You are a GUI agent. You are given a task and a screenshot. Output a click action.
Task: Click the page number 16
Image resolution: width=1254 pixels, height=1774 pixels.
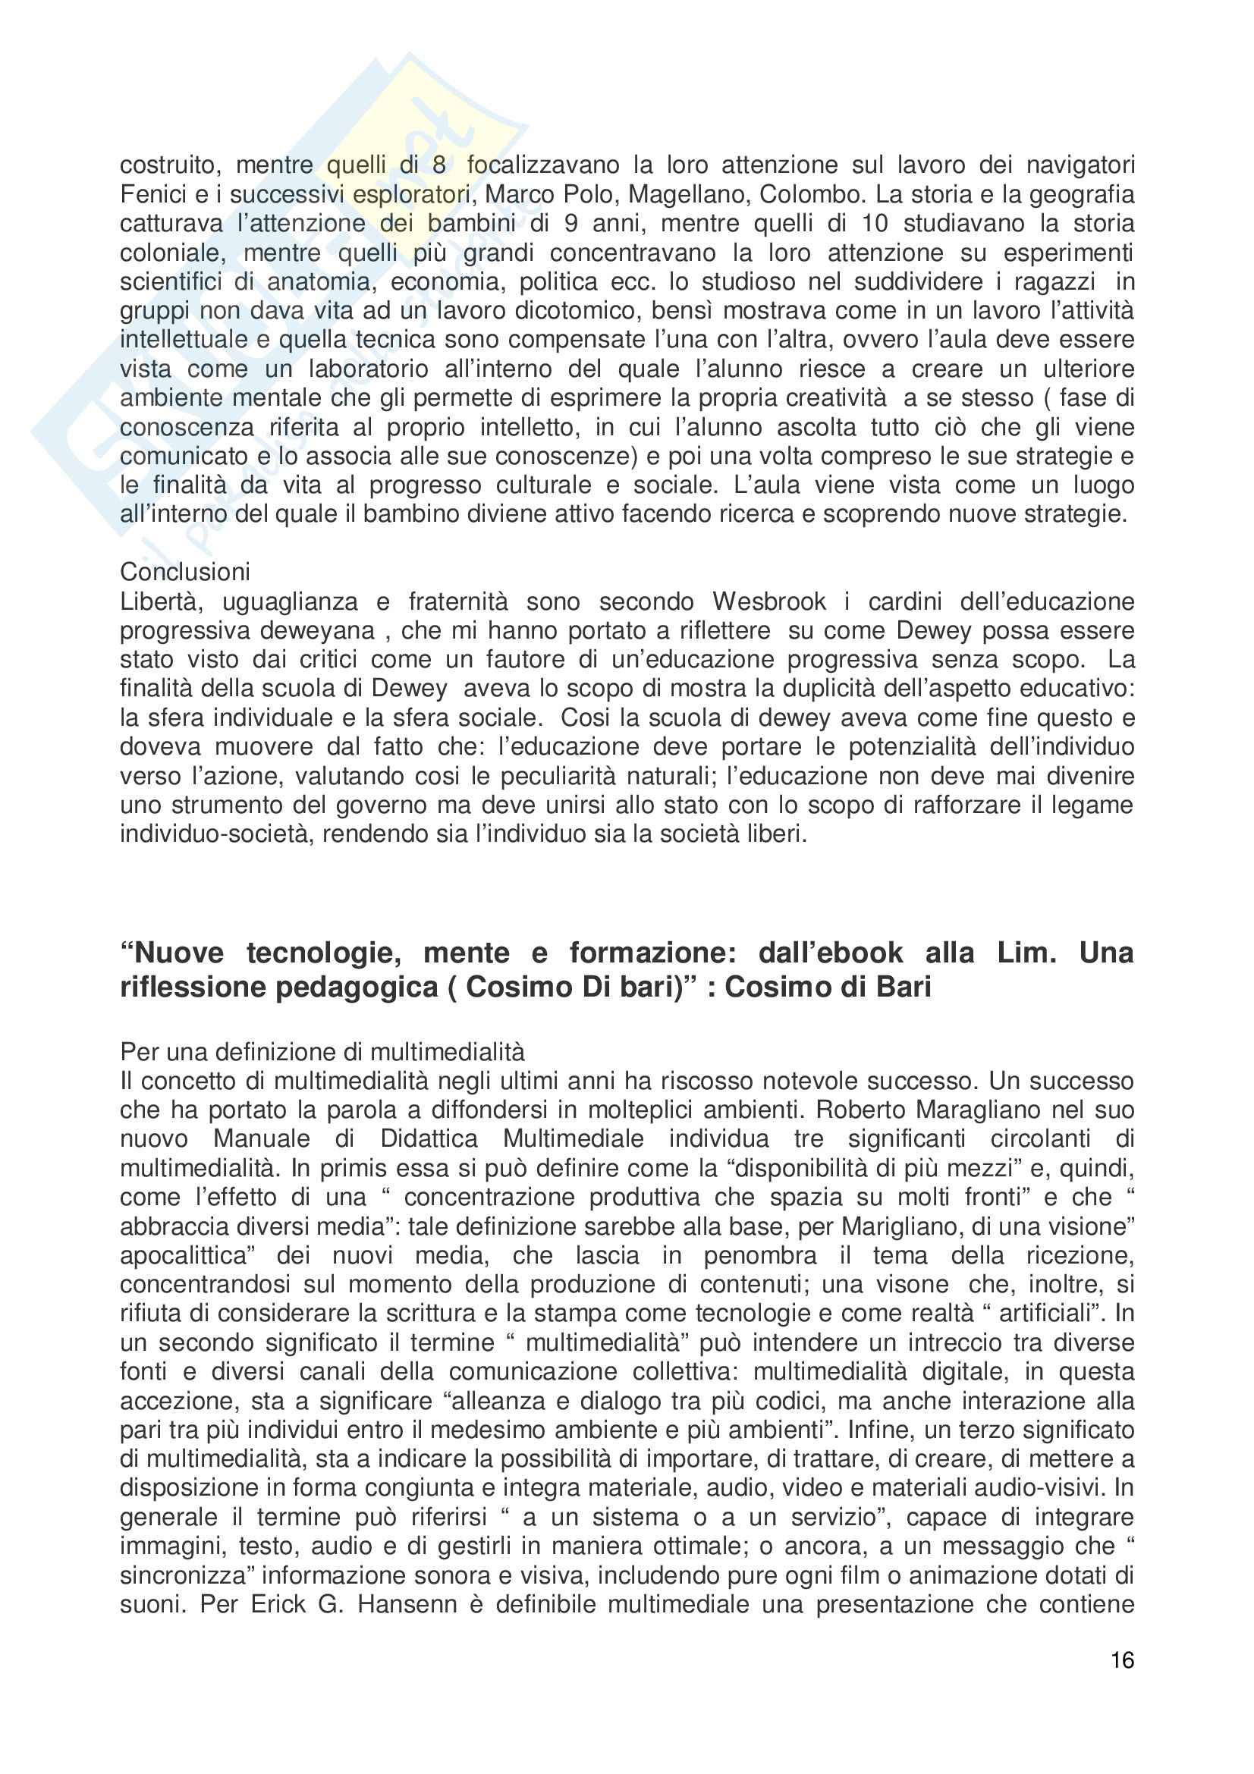pyautogui.click(x=1122, y=1659)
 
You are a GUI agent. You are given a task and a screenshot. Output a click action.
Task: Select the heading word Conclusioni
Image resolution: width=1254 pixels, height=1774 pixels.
pyautogui.click(x=185, y=572)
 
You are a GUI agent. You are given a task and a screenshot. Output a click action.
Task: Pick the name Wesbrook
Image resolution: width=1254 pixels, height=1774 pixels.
pyautogui.click(x=768, y=601)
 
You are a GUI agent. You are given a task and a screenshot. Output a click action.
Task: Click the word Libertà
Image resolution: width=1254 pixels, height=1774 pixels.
pyautogui.click(x=162, y=601)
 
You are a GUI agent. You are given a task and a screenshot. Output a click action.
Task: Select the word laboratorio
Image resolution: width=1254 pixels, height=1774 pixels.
pyautogui.click(x=369, y=369)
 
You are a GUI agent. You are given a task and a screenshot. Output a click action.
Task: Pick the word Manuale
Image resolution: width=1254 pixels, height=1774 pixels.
pyautogui.click(x=262, y=1139)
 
